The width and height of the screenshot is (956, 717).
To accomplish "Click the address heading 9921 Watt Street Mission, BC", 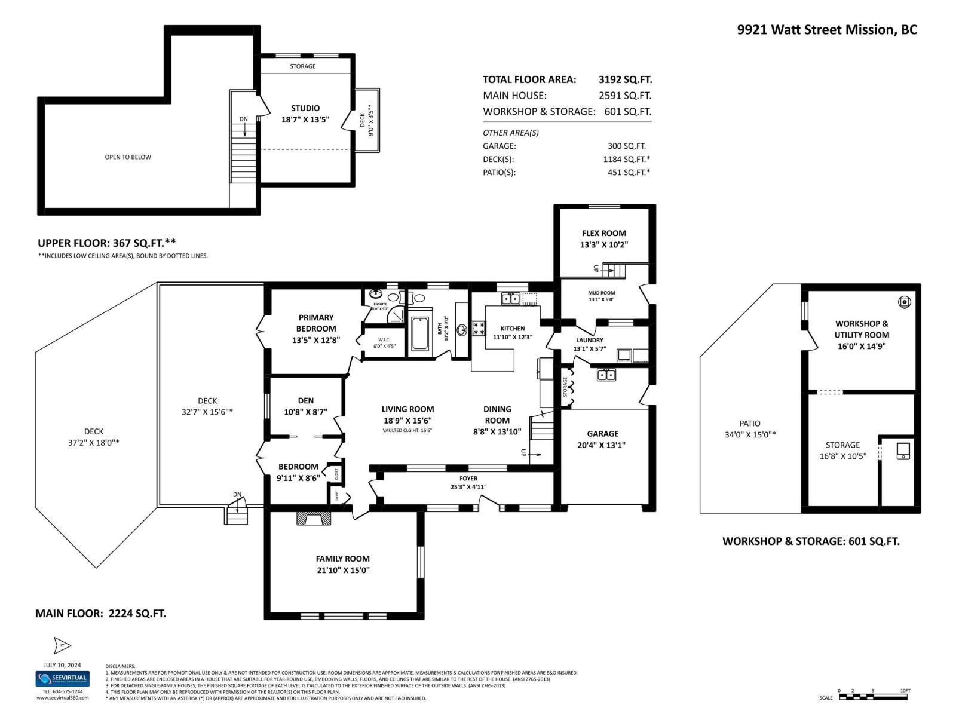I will tap(827, 30).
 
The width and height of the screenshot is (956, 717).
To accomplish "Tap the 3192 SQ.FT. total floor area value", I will tap(625, 79).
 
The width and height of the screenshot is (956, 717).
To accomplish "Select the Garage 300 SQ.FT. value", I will tap(627, 146).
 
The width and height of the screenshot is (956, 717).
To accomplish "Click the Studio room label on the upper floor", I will tap(305, 108).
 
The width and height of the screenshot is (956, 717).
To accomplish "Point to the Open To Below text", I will tap(128, 157).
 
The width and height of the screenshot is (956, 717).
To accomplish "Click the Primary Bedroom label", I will tap(316, 323).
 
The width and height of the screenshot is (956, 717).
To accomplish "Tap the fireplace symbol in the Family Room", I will tap(314, 517).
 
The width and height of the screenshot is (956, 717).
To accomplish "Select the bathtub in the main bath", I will tap(420, 333).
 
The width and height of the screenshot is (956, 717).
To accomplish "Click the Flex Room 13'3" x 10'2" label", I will tap(603, 239).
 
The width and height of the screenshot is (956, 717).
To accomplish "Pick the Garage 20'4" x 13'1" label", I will tap(602, 439).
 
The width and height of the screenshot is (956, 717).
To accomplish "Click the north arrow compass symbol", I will tap(62, 645).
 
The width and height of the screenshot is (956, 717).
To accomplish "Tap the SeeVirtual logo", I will tap(62, 679).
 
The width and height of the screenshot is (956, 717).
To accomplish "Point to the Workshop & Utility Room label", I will tap(862, 335).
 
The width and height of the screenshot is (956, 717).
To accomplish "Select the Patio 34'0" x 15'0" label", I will tap(750, 429).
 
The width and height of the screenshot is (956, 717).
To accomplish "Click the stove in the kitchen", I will tap(479, 328).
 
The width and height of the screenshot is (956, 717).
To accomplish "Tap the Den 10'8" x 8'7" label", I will tap(305, 406).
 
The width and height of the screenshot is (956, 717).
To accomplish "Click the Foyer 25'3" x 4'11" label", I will tap(468, 482).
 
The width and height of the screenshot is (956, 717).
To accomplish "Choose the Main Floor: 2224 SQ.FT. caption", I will tap(100, 613).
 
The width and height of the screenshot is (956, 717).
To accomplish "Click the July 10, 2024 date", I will tap(62, 665).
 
